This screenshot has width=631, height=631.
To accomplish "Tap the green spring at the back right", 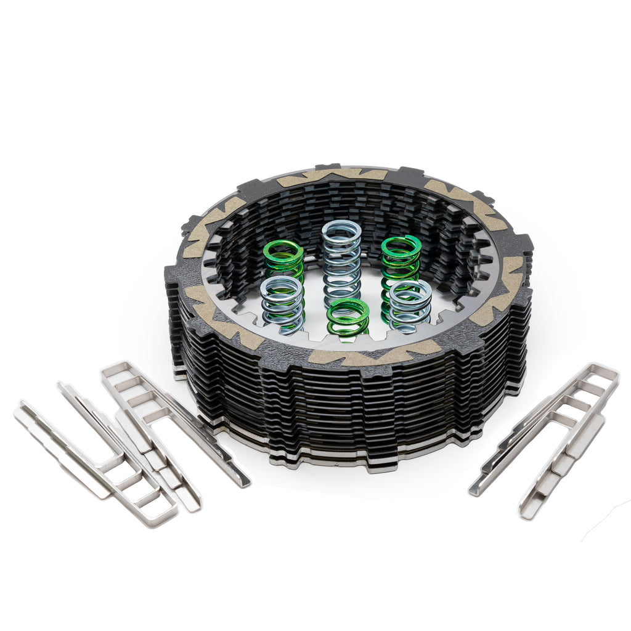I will click(x=401, y=259).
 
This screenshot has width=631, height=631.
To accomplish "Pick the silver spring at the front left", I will click(x=282, y=303).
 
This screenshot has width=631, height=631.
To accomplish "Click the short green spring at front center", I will click(x=348, y=317).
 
